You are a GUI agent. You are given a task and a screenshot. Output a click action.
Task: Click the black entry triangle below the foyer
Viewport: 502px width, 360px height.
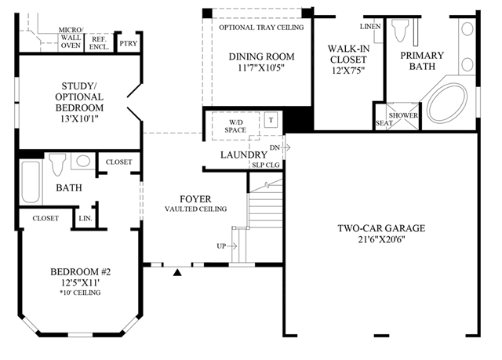[177, 272]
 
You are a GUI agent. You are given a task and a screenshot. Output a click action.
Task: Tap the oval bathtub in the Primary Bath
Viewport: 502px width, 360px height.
[447, 103]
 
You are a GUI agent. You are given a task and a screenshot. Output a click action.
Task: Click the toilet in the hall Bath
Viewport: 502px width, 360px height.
[57, 164]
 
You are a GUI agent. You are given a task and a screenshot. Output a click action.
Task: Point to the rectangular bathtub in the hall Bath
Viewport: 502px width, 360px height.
[31, 182]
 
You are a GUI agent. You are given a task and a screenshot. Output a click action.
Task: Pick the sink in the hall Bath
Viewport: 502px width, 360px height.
[83, 161]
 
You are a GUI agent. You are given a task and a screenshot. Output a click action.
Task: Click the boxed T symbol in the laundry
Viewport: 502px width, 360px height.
[271, 120]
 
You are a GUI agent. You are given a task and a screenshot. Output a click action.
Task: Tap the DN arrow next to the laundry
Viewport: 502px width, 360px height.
[286, 147]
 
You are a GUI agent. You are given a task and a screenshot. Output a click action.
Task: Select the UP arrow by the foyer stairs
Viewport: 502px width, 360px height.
[232, 246]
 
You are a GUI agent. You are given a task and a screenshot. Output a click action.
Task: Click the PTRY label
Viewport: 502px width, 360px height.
[129, 43]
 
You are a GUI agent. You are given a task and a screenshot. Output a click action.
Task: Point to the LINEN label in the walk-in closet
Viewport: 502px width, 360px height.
[370, 27]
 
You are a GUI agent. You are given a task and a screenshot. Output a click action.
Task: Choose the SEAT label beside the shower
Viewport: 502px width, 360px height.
[384, 123]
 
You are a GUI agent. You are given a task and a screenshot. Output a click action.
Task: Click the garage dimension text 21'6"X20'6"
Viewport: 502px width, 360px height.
[382, 239]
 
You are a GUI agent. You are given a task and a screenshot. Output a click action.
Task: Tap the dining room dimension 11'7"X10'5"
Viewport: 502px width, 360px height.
[261, 67]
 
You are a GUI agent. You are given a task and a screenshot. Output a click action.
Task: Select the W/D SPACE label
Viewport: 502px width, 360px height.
[235, 126]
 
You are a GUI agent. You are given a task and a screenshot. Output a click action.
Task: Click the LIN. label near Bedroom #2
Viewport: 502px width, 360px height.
[85, 219]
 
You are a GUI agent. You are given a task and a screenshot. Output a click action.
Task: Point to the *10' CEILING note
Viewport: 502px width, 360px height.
[80, 293]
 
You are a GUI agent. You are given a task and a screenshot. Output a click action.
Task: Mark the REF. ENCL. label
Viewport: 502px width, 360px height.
[100, 43]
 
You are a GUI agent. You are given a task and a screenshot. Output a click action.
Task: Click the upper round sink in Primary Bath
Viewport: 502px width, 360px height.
[467, 29]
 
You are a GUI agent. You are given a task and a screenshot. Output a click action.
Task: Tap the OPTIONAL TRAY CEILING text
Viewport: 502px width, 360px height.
[261, 27]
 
